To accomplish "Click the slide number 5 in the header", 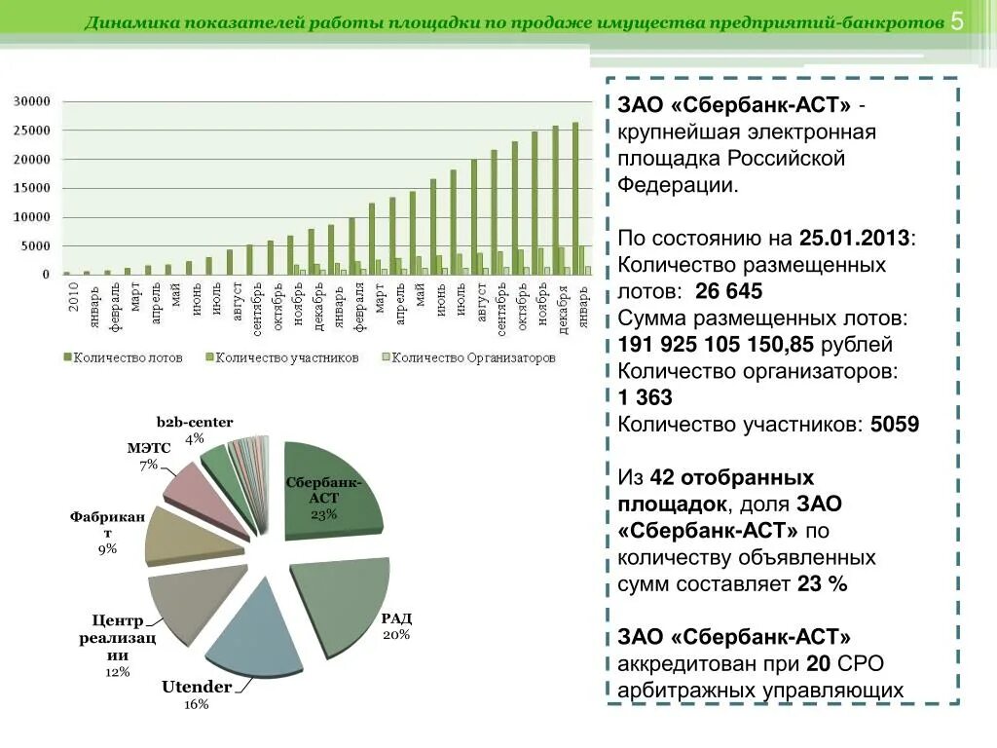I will (957, 22).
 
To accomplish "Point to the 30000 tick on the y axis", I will (30, 101).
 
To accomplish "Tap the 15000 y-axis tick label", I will (30, 188).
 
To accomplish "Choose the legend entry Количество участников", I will (281, 357).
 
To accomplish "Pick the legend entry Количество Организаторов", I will (471, 357).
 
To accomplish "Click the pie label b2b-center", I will (195, 422).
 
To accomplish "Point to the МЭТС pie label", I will (148, 448).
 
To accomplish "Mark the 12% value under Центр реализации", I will (117, 672).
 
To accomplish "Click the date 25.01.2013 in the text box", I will (855, 238).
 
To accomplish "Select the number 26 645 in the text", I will (729, 291).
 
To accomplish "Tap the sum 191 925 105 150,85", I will (716, 345).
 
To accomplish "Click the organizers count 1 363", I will (645, 397).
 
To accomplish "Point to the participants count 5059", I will (894, 425).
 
